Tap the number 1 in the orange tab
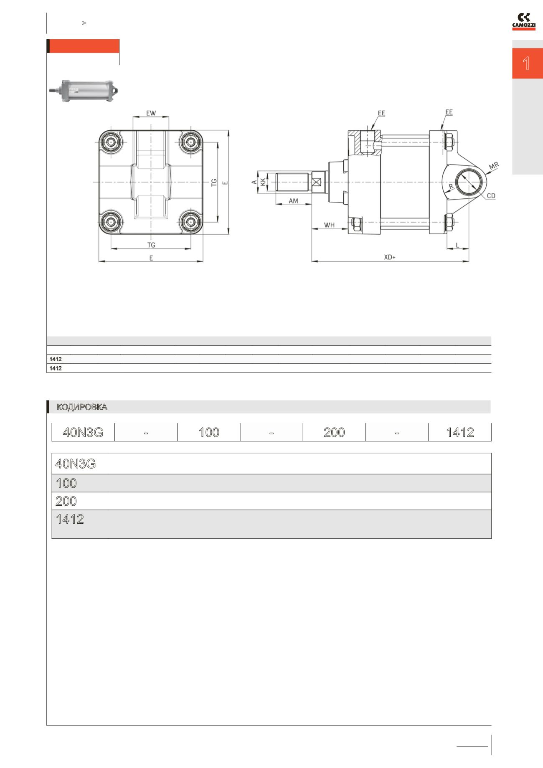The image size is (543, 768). point(526,63)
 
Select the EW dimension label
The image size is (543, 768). point(151,113)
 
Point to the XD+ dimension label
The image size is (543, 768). point(390,257)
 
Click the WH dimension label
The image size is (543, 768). point(330,225)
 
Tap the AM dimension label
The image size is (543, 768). point(294,201)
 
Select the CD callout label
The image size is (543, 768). point(491,195)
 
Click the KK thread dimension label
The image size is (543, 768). point(263,182)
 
